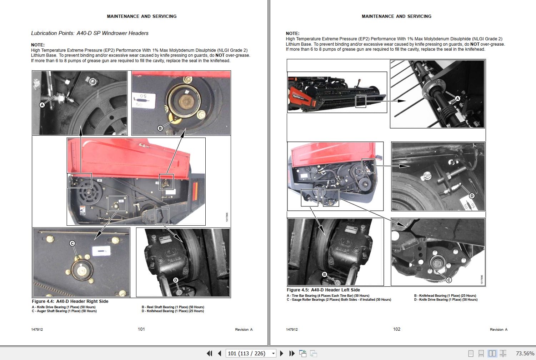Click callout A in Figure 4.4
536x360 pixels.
coord(42,105)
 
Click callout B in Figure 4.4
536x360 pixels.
coord(160,128)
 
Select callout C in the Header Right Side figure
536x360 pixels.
coord(72,243)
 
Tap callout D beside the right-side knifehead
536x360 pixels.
coord(175,280)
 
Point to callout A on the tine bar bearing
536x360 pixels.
coord(457,98)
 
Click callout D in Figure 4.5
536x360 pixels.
coord(472,196)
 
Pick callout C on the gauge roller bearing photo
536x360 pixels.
coord(449,280)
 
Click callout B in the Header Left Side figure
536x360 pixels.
coord(324,274)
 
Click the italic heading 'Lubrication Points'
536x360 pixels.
coord(89,33)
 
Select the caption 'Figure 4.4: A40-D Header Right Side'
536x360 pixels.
coord(70,301)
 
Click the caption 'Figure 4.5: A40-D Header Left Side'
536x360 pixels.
coord(323,290)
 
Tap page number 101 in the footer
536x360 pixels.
coord(141,329)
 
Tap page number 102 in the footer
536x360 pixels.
coord(396,329)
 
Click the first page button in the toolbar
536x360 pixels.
coord(210,353)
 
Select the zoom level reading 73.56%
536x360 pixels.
coord(525,353)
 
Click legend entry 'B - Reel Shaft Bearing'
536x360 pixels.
coord(173,307)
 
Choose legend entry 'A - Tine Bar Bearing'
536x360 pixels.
coord(328,296)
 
